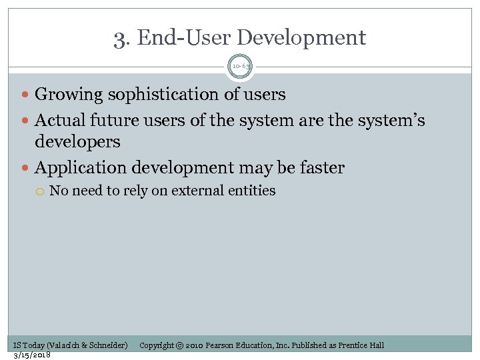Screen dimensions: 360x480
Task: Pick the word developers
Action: pos(77,141)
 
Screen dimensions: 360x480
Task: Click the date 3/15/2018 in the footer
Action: pos(33,354)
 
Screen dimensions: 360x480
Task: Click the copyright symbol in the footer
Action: pos(179,345)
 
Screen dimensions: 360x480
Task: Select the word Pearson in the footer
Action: pos(223,345)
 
